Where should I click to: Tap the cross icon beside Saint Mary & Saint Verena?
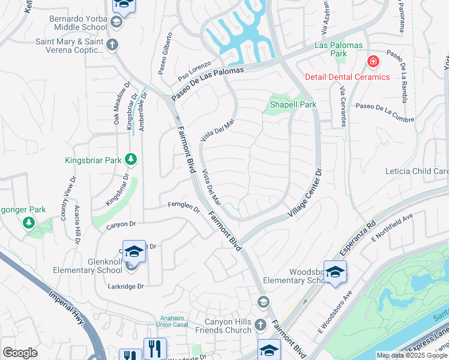pyautogui.click(x=112, y=44)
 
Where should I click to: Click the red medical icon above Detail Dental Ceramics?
pyautogui.click(x=373, y=62)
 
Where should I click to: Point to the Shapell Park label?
pyautogui.click(x=292, y=104)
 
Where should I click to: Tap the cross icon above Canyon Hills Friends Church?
pyautogui.click(x=260, y=325)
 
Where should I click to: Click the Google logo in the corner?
pyautogui.click(x=20, y=352)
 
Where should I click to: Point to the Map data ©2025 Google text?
pyautogui.click(x=412, y=355)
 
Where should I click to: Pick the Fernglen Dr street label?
pyautogui.click(x=184, y=207)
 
